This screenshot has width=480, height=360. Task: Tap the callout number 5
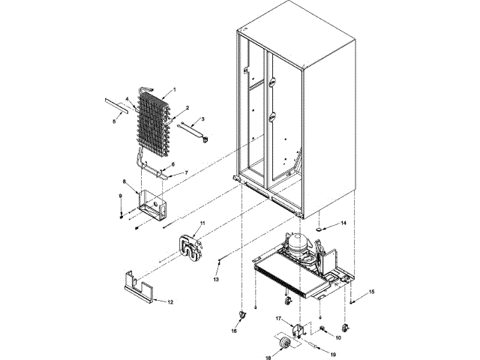pos(115,120)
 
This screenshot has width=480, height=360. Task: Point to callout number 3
pos(202,119)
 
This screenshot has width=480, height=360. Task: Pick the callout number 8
pos(124,181)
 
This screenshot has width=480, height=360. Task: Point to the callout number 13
pos(215,278)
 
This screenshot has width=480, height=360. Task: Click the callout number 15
pos(370,291)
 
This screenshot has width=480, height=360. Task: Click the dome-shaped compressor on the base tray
pos(300,243)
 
